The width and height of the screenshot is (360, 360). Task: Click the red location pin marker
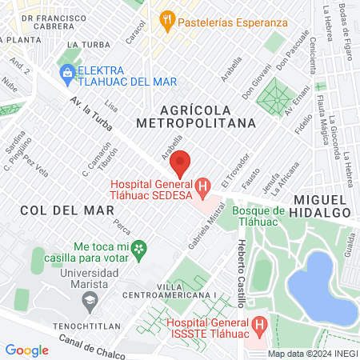(x=181, y=163)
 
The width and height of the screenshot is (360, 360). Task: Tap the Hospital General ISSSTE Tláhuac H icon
(x=258, y=326)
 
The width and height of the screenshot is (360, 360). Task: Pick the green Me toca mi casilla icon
(x=140, y=249)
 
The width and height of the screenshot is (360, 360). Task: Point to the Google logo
(x=26, y=350)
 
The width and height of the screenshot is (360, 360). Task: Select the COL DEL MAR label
(x=61, y=210)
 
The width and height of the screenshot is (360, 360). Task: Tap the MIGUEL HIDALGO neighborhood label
(x=322, y=205)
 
